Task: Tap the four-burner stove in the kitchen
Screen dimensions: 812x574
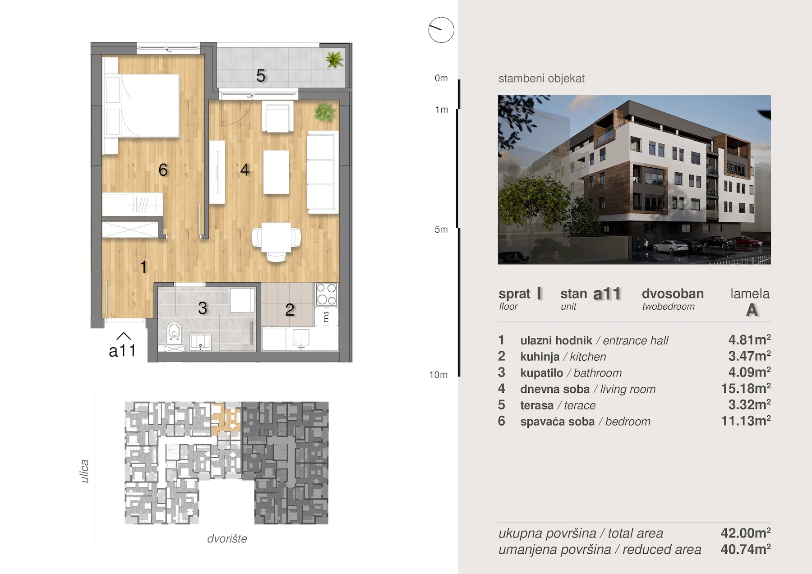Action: coord(326,294)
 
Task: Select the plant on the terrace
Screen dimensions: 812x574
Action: coord(334,60)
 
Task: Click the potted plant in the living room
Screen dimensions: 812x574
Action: coord(325,112)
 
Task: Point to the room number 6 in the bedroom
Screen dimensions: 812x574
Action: coord(163,170)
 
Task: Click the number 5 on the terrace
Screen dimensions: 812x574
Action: coord(261,76)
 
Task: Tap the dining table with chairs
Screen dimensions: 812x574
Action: coord(276,241)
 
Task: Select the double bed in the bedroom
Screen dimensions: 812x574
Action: coord(142,106)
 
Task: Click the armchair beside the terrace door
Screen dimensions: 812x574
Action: coord(277,117)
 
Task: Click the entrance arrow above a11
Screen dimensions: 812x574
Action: coord(124,336)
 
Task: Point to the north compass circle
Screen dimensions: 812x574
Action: coord(441,30)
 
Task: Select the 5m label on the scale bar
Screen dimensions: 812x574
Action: coord(441,230)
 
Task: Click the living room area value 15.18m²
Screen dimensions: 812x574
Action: coord(746,388)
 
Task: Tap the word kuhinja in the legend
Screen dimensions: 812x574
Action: coord(540,357)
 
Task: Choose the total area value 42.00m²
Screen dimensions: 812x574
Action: coord(746,533)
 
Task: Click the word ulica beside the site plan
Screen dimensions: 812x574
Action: coord(84,471)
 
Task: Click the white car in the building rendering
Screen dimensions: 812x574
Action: coord(670,247)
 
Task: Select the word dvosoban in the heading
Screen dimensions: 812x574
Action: coord(673,294)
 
